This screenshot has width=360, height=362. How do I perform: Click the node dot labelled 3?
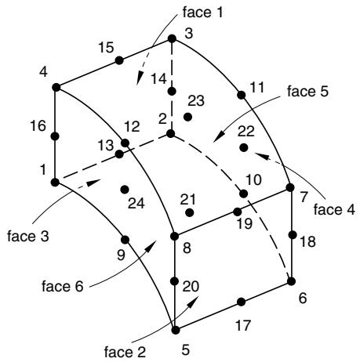pos(172,38)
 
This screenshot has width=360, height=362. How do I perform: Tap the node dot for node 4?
pos(56,87)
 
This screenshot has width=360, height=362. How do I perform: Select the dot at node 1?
pos(55,183)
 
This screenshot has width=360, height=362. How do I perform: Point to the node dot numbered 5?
pos(176,330)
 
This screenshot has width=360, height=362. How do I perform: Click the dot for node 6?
pos(291,281)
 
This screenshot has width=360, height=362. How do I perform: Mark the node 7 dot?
pos(290,187)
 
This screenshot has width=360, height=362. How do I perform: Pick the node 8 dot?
pos(174,236)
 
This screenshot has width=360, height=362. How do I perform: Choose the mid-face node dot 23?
pos(187,117)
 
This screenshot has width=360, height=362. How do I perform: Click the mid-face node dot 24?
pos(125,189)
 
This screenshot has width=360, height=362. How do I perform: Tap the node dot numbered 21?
pos(190,212)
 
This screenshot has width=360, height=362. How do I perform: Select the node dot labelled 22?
pos(244,147)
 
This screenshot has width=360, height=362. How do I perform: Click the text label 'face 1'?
pos(202,13)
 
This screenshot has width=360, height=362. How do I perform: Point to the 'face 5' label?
pos(307,92)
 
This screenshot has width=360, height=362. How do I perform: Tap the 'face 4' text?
pos(334,209)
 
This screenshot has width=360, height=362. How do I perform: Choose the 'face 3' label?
pos(28,236)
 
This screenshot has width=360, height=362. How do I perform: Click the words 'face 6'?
pos(62,286)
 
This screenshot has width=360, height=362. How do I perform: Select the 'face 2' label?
pos(125,352)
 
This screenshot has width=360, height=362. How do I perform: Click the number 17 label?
pos(243,325)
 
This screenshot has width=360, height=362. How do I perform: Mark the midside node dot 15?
pos(119,60)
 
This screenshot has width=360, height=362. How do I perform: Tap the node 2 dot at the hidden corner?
pos(170,134)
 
